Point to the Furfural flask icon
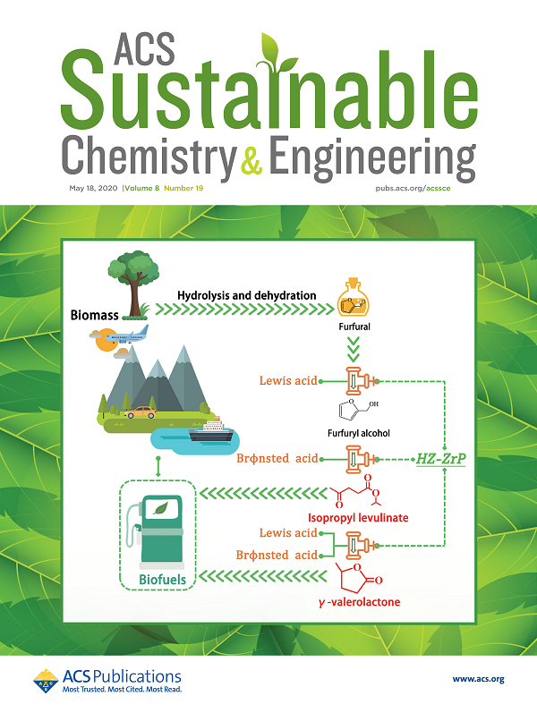[354, 304]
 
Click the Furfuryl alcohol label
[356, 433]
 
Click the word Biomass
[96, 315]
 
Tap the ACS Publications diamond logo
[46, 680]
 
